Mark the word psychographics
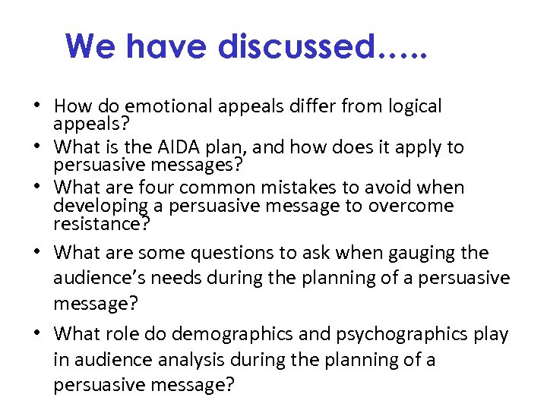403,334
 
